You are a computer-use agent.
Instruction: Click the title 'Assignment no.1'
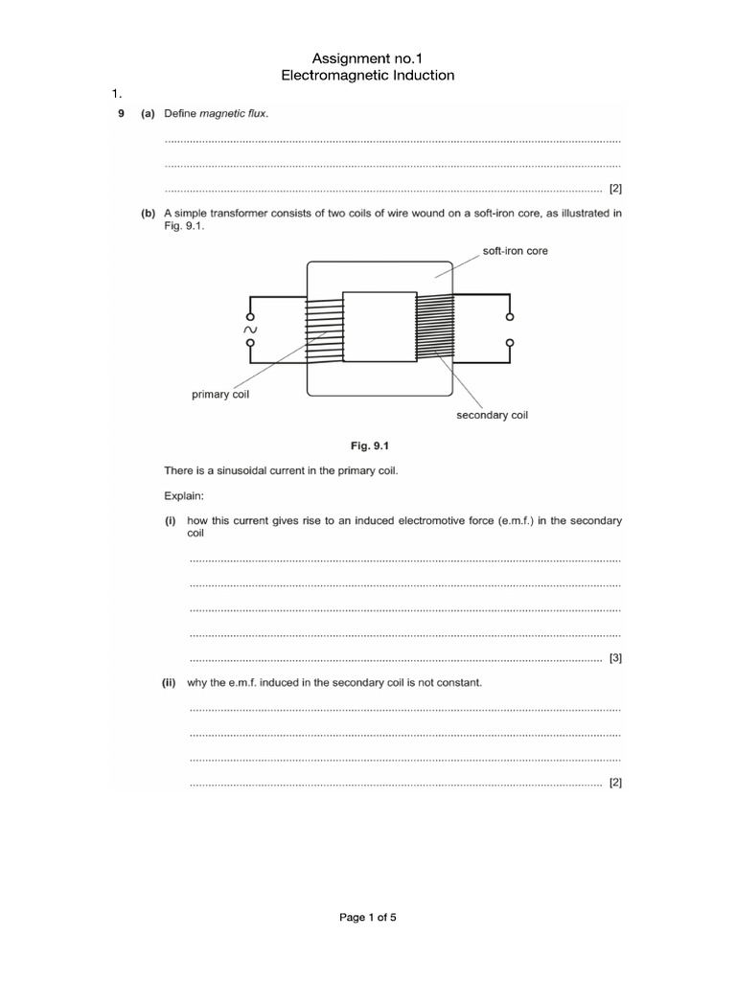(x=367, y=58)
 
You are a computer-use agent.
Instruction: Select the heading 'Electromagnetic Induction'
(x=367, y=75)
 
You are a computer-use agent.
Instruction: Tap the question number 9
(x=121, y=114)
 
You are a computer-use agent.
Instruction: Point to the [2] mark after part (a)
(x=615, y=189)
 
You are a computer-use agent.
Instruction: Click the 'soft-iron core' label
(x=515, y=251)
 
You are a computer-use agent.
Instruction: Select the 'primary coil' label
(x=220, y=395)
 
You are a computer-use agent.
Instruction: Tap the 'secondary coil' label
(x=492, y=415)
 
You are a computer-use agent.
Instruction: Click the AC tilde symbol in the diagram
(x=251, y=330)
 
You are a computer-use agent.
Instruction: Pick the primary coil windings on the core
(x=324, y=330)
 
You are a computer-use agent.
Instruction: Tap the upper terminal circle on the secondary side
(x=509, y=316)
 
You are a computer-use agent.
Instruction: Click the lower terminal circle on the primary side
(x=251, y=343)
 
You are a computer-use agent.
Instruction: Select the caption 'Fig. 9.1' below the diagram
(x=367, y=445)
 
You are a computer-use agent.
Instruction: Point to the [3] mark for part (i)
(x=615, y=658)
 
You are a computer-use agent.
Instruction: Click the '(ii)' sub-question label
(x=170, y=683)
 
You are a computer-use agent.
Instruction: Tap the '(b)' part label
(x=149, y=214)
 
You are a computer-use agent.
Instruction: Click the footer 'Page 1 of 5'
(x=368, y=917)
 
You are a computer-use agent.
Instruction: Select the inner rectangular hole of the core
(x=379, y=327)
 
